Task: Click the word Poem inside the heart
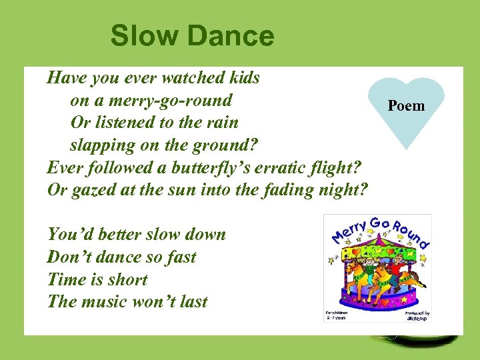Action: [406, 106]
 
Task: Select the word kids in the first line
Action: [243, 78]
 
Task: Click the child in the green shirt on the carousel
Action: [365, 270]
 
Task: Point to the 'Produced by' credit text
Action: [416, 312]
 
